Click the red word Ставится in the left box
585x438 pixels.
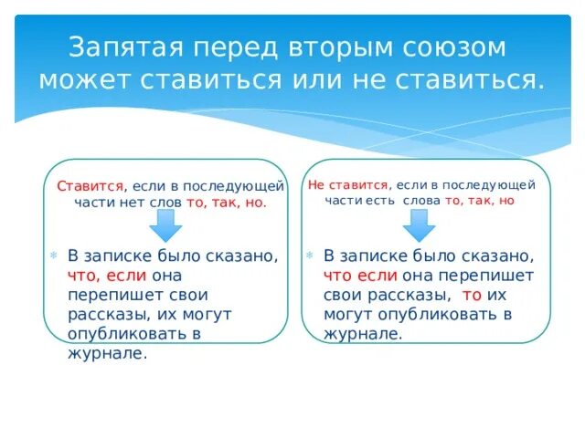coord(90,186)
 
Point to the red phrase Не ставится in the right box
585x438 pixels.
coord(348,184)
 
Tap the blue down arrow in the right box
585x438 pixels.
coord(420,224)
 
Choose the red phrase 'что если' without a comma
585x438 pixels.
coord(360,275)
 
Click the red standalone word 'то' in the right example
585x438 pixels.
coord(472,295)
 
